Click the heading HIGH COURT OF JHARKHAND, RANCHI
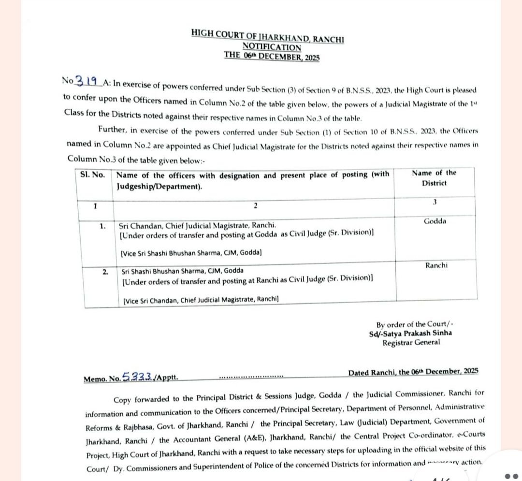point(267,36)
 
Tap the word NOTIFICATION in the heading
point(271,47)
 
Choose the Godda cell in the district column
point(435,221)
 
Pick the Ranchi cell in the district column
point(436,265)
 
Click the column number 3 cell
point(434,203)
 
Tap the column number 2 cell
point(255,206)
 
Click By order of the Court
point(414,324)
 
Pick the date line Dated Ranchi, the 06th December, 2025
point(413,371)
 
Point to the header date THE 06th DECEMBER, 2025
point(272,56)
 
